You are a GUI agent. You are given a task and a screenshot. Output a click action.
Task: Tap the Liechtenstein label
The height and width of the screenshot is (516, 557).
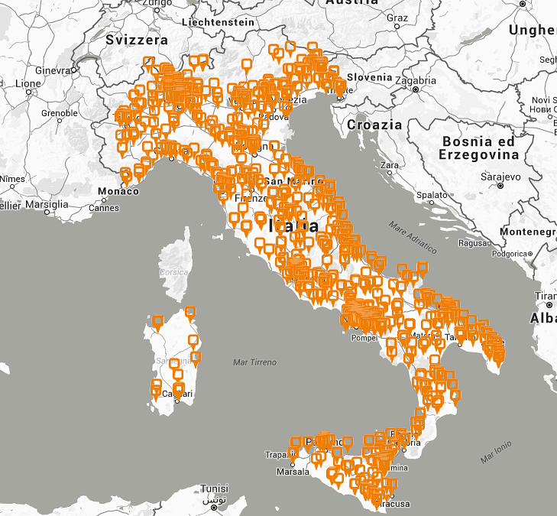coord(219,22)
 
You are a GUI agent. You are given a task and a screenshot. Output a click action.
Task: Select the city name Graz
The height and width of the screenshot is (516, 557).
coord(397,18)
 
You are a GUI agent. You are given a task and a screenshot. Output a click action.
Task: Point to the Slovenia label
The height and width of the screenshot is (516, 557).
coord(369,77)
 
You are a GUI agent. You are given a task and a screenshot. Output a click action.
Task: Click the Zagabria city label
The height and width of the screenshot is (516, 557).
coord(416,80)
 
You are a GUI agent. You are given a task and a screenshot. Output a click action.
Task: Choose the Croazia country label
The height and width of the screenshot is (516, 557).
coord(374,125)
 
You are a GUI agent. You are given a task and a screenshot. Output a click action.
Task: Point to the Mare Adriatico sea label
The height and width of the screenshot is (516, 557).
coord(413,237)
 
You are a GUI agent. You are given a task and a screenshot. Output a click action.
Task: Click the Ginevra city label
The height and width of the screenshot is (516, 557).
coord(52,70)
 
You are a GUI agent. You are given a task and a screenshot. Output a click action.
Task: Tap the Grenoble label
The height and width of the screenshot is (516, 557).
coord(60,113)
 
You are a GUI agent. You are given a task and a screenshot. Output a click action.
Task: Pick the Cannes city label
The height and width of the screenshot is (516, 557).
coord(104,208)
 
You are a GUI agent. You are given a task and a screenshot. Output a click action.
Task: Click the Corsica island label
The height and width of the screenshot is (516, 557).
coord(173,272)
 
